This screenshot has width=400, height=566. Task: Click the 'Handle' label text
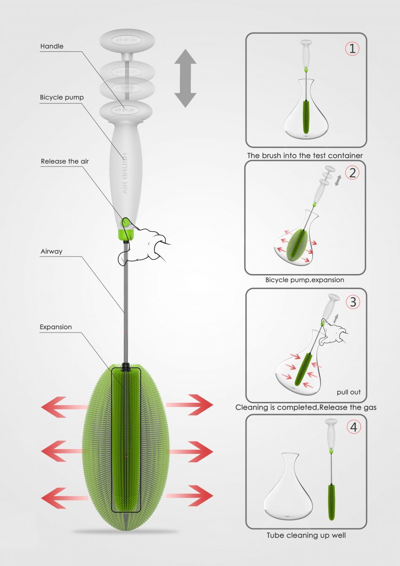pos(52,46)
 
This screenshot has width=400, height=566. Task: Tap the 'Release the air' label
pos(65,161)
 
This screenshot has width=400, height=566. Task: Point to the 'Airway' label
pos(51,251)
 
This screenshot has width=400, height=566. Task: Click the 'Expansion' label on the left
pos(56,326)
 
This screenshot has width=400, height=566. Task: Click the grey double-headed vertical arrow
pos(185,78)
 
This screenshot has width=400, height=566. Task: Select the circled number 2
pos(352,172)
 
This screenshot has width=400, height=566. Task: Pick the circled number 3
pos(352,301)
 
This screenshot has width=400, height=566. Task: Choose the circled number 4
pos(352,427)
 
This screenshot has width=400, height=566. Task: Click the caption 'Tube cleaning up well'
pos(306,535)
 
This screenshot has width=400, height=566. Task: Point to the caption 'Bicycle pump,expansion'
pos(305,280)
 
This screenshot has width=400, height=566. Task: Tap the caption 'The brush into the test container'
pos(305,155)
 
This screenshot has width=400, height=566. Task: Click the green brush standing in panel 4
pos(332,502)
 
